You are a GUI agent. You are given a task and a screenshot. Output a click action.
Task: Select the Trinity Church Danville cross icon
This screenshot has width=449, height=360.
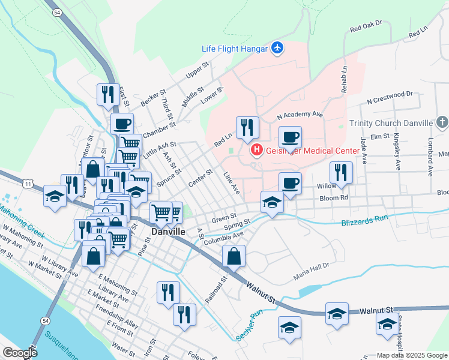click(x=442, y=123)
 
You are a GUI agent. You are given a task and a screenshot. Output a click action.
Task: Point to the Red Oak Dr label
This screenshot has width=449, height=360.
click(x=366, y=26)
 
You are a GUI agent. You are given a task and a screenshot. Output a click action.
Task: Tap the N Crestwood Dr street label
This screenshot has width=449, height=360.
click(x=390, y=94)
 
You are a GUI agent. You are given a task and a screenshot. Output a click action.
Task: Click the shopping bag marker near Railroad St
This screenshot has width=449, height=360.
click(x=234, y=256)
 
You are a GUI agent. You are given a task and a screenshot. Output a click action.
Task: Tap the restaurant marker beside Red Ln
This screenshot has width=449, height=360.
click(x=247, y=127)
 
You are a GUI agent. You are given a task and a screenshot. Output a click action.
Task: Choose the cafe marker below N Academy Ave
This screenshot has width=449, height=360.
click(x=290, y=137)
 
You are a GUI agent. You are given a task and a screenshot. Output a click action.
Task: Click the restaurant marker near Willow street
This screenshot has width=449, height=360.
click(x=341, y=172)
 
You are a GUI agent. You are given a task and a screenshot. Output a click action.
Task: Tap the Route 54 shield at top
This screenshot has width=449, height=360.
click(x=56, y=12)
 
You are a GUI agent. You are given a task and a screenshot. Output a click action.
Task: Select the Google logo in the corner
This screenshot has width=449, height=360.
click(x=19, y=353)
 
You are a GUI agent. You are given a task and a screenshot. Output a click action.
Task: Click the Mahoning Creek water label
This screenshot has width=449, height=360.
click(x=19, y=220)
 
